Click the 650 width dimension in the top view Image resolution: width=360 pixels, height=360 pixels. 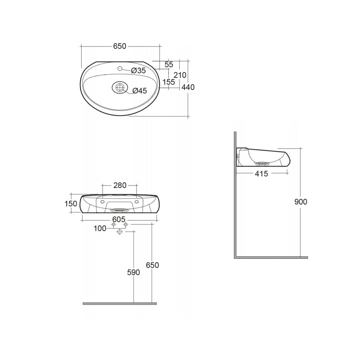119,46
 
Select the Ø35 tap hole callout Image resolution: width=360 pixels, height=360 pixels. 139,70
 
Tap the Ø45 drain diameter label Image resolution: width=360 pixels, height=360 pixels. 140,91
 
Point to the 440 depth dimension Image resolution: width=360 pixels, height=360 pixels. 188,87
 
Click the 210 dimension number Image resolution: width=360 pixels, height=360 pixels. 180,75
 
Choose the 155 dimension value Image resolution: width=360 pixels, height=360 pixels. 168,82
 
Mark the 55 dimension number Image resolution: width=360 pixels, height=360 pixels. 168,64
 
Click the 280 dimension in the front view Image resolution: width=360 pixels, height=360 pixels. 120,185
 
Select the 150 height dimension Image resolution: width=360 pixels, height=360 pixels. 71,204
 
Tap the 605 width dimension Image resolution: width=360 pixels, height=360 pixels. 119,219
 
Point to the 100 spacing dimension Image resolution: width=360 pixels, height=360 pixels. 100,228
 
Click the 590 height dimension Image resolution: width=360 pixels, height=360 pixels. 133,272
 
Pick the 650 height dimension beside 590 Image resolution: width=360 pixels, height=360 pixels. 152,265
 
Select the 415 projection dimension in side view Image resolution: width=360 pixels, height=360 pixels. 261,173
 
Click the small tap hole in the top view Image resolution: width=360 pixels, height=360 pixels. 119,69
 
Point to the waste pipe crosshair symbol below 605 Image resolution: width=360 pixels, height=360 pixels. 119,232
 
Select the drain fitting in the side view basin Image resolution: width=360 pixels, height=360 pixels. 262,163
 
